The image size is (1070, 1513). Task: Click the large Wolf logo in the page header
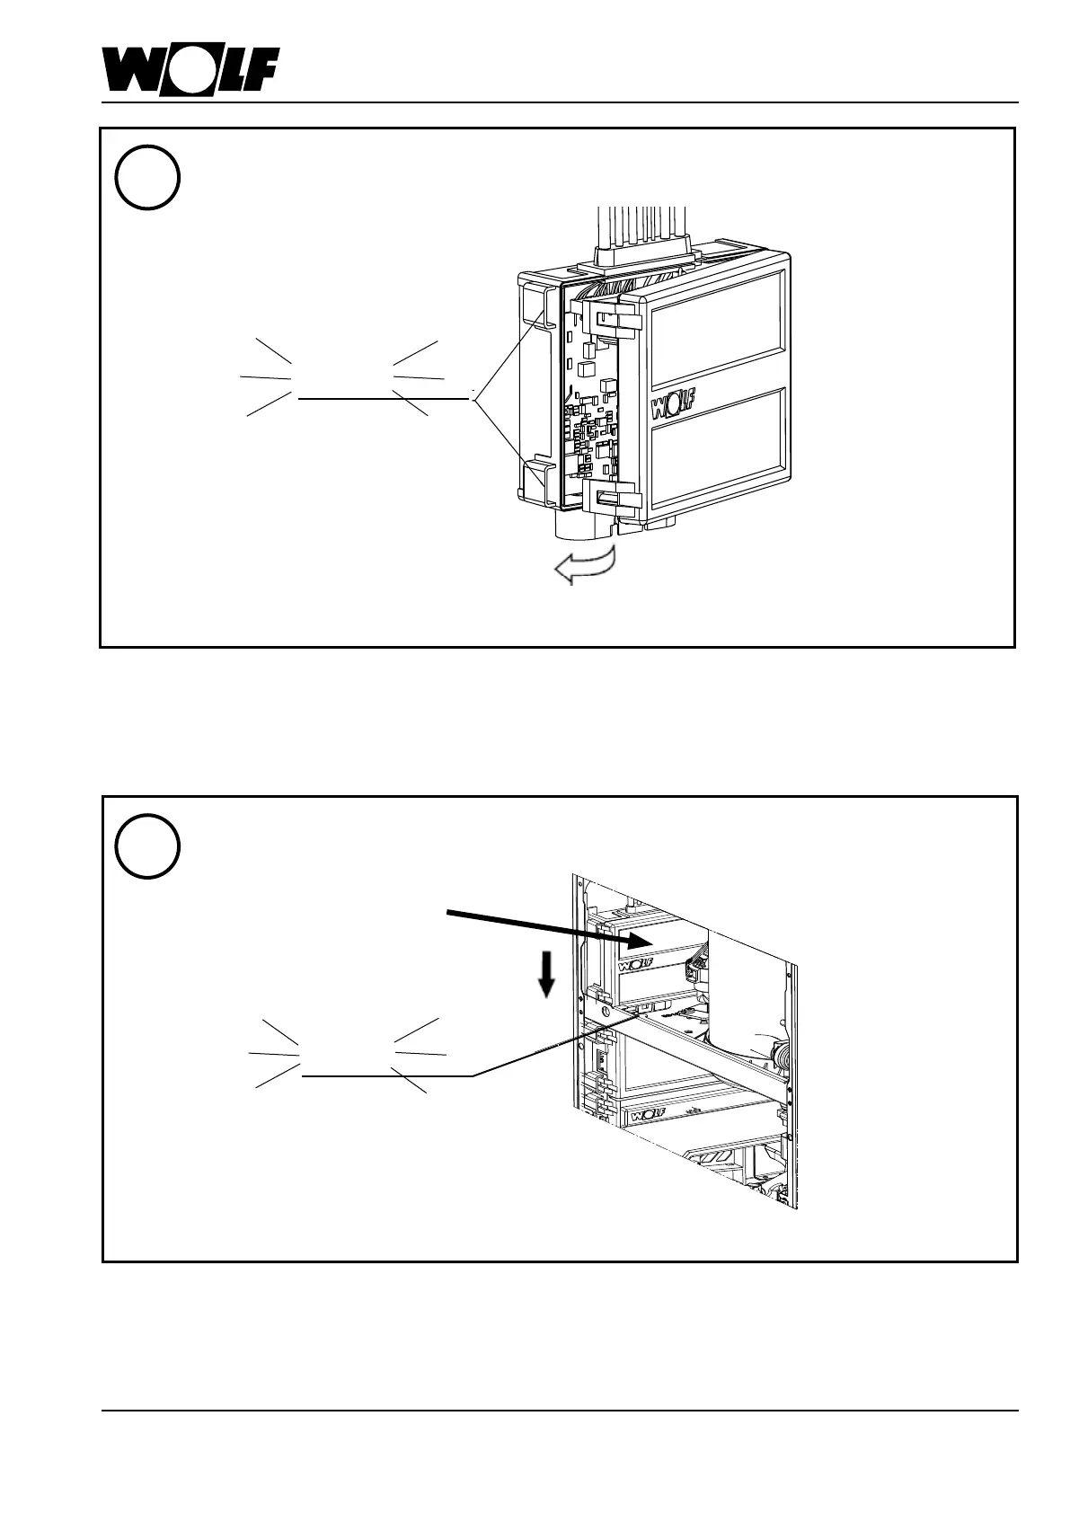tap(190, 70)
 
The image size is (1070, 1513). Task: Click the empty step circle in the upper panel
tap(147, 177)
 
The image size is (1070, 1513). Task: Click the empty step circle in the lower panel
tap(147, 845)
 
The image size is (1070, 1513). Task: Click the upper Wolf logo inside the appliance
tap(634, 966)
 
